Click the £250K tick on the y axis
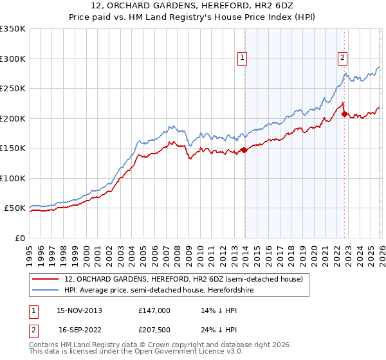[x=13, y=89]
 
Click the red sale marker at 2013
[x=244, y=150]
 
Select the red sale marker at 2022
[x=344, y=114]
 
